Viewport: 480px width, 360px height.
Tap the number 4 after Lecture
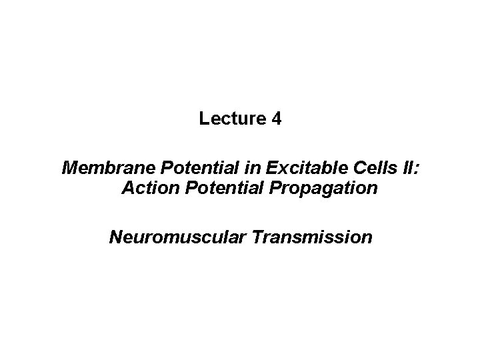[277, 120]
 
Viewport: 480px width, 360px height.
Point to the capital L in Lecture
[203, 120]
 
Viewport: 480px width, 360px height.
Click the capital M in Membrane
[69, 167]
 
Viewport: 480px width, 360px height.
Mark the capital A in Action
[128, 189]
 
